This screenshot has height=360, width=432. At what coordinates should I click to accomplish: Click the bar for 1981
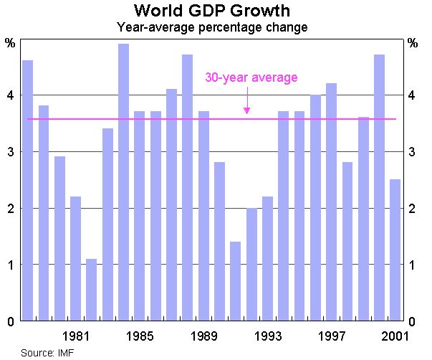pos(75,258)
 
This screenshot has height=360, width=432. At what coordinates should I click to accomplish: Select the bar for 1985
pos(140,216)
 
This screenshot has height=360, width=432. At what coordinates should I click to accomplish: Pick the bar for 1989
pos(203,216)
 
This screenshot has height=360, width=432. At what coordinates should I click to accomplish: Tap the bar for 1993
pos(267,258)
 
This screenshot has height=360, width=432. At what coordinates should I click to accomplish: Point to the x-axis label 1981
pos(76,336)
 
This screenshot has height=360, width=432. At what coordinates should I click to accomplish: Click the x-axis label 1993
pos(267,336)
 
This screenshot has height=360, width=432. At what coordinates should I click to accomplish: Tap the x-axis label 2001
pos(395,336)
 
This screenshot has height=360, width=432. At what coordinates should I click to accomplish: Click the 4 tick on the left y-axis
pos(10,95)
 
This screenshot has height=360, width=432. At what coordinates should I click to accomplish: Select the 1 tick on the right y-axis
pos(411,265)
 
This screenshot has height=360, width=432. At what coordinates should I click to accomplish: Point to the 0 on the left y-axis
pos(10,321)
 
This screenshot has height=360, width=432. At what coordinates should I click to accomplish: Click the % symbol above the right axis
pos(412,43)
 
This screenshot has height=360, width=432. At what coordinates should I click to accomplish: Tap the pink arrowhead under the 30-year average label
pos(246,110)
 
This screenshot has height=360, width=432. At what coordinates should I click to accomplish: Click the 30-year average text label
pos(251,77)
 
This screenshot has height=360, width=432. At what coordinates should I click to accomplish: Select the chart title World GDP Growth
pos(212,11)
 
